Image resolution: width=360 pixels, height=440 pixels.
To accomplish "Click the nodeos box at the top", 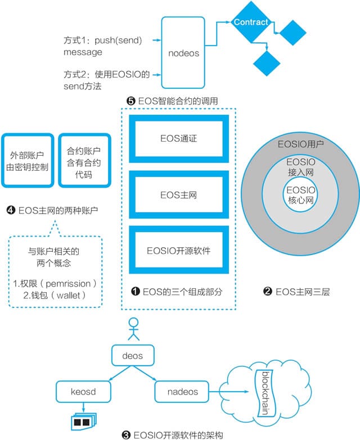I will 184,52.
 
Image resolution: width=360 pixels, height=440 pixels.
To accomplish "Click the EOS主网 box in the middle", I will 178,195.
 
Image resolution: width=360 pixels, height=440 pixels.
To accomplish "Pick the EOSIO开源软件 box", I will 178,251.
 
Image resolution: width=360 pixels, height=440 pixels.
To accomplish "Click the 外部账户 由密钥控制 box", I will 29,160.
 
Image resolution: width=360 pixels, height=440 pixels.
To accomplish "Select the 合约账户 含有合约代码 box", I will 80,160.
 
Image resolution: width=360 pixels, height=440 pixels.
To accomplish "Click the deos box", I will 133,356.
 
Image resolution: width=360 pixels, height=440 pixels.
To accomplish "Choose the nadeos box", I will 183,392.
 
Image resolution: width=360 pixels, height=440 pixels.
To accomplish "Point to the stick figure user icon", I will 133,329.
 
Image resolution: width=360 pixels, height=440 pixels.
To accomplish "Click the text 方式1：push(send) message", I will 102,46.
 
